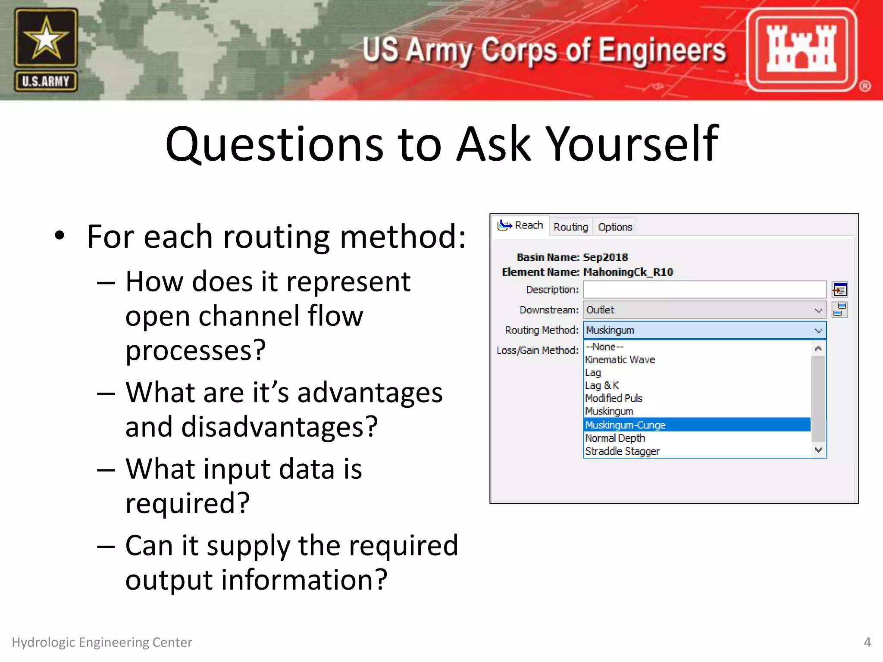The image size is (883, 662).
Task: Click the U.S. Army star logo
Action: (x=46, y=49)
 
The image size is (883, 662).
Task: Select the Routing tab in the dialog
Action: (x=570, y=227)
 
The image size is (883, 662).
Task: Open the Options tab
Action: (x=614, y=227)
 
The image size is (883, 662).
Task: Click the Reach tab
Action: (x=521, y=225)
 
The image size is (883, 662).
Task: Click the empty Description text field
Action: (x=704, y=290)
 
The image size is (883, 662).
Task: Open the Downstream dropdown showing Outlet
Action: (x=704, y=310)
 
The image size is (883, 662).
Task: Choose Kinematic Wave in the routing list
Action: (x=620, y=360)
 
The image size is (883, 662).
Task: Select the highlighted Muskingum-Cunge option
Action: (x=625, y=425)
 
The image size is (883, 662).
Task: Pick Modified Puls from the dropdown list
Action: (x=614, y=398)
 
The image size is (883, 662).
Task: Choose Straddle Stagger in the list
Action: (x=622, y=451)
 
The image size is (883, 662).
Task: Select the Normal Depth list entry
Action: (x=615, y=438)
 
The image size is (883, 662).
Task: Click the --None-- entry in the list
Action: (x=605, y=347)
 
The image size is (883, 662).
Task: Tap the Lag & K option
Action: (x=602, y=385)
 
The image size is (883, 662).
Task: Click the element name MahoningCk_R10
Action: (x=628, y=272)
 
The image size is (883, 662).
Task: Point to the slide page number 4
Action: (x=867, y=642)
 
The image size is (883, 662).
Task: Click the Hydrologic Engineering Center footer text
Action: (x=102, y=642)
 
